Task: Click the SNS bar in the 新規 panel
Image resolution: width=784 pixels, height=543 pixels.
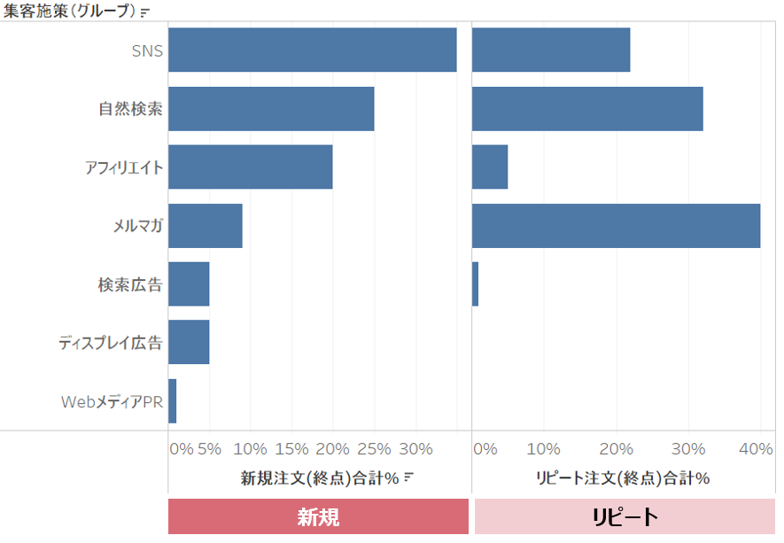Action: click(x=312, y=50)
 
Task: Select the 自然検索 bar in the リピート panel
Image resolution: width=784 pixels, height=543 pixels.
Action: click(x=587, y=109)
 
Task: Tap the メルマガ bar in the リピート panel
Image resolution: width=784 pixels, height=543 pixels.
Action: click(x=616, y=226)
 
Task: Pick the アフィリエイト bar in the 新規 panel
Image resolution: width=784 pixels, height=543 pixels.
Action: click(x=250, y=167)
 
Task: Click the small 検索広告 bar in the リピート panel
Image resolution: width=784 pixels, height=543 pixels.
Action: click(x=476, y=284)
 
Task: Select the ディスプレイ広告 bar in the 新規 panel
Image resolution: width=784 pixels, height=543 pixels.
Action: click(x=189, y=343)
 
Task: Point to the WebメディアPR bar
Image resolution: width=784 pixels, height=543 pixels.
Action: click(x=173, y=401)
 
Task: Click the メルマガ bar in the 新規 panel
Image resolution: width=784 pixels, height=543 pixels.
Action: click(x=205, y=226)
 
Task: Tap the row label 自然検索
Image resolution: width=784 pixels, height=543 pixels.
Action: click(x=130, y=109)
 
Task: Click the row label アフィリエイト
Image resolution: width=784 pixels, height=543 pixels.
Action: click(x=124, y=167)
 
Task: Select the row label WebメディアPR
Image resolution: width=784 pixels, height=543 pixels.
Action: click(x=112, y=401)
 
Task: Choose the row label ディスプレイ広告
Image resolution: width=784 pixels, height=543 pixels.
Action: click(x=111, y=343)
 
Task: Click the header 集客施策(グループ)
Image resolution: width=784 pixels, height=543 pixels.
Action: click(x=70, y=12)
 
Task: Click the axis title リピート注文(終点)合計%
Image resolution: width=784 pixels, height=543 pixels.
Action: click(x=623, y=478)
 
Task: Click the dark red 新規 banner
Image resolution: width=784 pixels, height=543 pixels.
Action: click(x=318, y=516)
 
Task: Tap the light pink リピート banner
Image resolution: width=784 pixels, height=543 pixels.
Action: click(x=625, y=516)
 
